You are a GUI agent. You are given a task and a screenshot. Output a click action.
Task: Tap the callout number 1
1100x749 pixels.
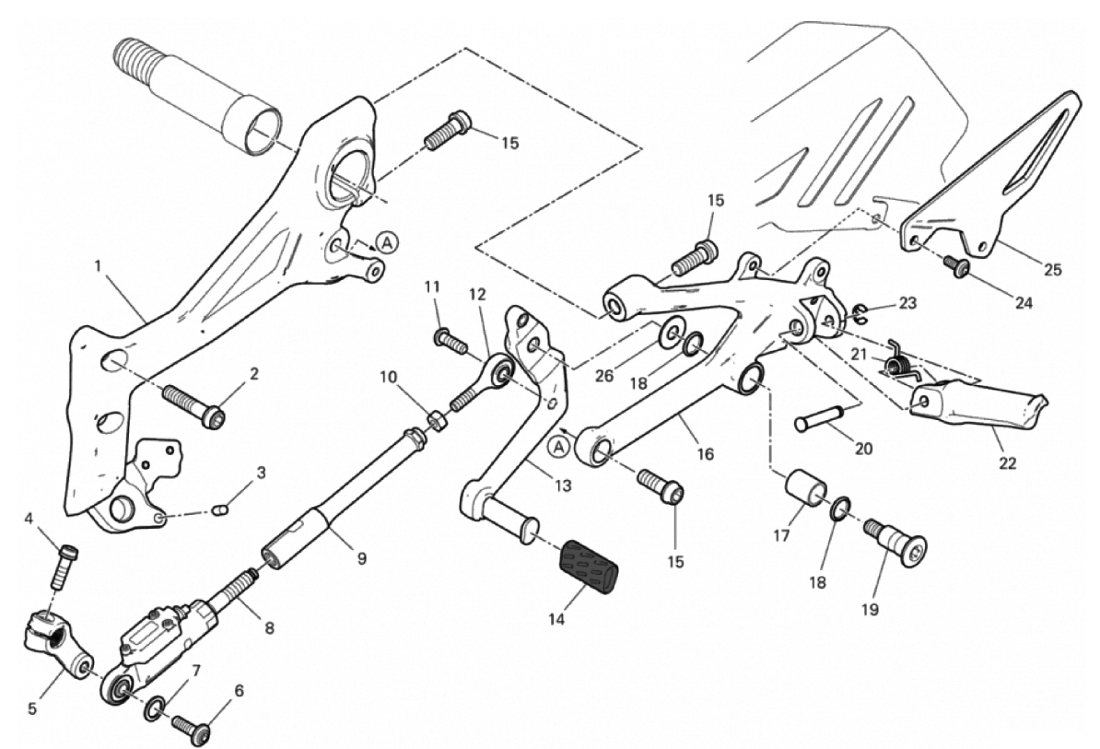click(97, 268)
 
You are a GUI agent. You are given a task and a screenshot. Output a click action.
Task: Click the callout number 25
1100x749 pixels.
click(1052, 271)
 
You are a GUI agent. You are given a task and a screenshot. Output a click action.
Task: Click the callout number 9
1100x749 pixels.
click(361, 558)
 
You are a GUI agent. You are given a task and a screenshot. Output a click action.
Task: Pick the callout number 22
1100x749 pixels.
click(1007, 462)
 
